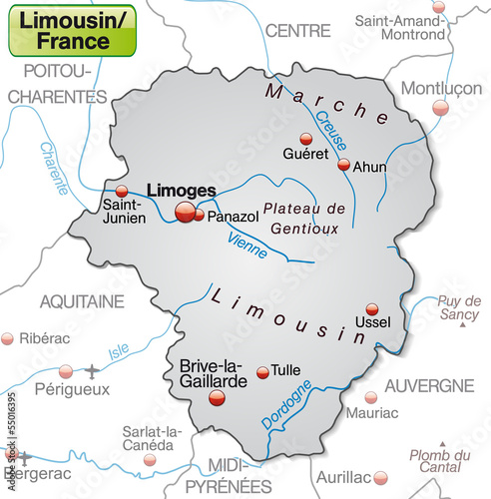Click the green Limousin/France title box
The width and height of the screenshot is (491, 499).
click(72, 31)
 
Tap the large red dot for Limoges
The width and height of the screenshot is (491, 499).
click(186, 211)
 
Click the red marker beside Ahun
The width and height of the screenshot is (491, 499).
click(343, 165)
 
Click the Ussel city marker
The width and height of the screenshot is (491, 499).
click(372, 309)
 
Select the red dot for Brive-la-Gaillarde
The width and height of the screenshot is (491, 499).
click(217, 397)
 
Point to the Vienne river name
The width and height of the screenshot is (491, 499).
click(247, 246)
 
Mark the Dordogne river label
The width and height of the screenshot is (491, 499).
click(286, 405)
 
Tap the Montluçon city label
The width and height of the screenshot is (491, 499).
click(440, 88)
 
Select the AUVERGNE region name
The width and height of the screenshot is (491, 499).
click(429, 385)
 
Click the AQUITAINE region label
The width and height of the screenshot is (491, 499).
click(82, 300)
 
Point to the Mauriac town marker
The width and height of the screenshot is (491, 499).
click(370, 396)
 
